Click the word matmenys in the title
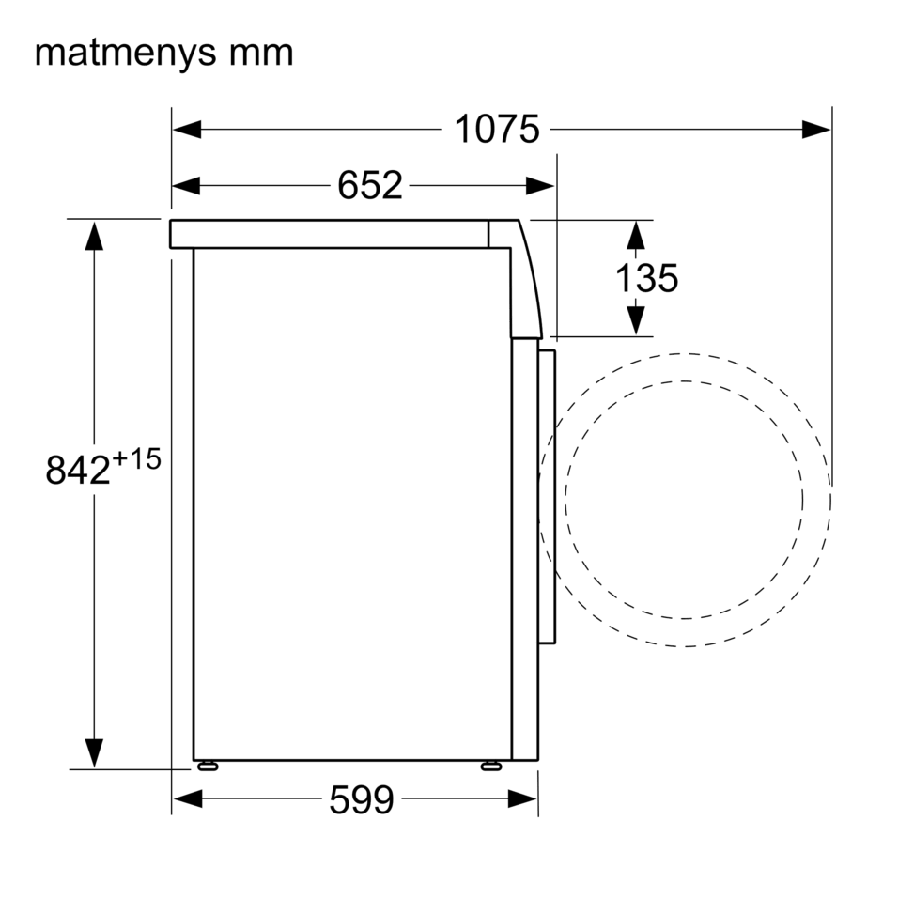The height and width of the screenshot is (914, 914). click(x=125, y=54)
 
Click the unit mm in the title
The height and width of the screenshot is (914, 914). click(x=261, y=54)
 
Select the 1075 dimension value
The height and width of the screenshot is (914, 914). click(x=497, y=129)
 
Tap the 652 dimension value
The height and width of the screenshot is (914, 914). click(x=369, y=185)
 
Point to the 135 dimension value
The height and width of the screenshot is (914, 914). click(x=647, y=278)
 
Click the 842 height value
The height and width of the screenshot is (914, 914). click(x=78, y=470)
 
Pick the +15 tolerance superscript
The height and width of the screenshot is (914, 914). click(x=136, y=459)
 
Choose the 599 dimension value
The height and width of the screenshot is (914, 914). click(x=362, y=799)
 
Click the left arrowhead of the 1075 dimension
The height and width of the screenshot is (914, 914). click(x=187, y=130)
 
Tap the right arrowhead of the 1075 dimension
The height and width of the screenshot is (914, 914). click(x=816, y=130)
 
